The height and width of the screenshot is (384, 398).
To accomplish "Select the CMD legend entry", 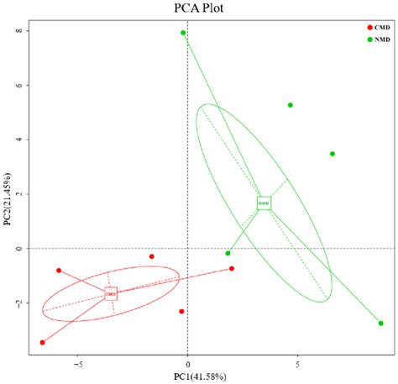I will click(x=378, y=28).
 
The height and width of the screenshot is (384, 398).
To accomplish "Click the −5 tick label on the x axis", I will click(x=77, y=365).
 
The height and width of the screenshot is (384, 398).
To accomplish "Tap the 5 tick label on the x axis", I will click(x=297, y=365).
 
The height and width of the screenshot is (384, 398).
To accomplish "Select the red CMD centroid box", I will click(x=111, y=293).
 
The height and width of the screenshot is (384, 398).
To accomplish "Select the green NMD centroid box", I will click(x=264, y=203).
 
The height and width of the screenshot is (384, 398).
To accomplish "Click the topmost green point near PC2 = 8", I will click(x=183, y=33).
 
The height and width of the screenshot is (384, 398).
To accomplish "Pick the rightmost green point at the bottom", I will click(x=380, y=324).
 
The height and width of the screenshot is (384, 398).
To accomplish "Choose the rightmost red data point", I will click(x=232, y=269).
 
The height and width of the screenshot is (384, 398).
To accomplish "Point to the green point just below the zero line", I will click(x=228, y=253).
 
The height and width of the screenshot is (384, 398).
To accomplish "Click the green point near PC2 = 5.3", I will click(x=291, y=105).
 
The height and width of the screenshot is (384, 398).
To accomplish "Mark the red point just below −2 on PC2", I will click(x=181, y=311).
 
